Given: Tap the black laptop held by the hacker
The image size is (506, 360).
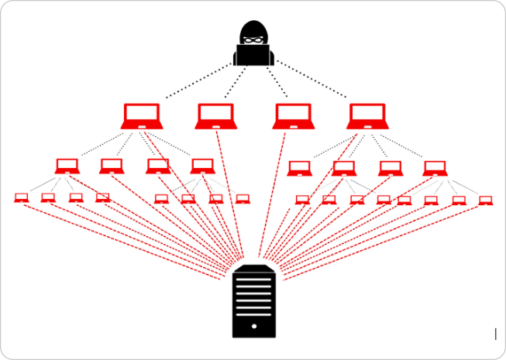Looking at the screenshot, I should tap(253, 55).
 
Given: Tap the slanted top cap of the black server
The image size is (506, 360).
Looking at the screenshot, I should tap(253, 267).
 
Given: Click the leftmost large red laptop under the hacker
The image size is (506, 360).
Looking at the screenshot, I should tap(141, 116).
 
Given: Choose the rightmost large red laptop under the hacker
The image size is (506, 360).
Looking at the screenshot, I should tap(367, 116).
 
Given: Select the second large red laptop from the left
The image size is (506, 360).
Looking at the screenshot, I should tap(216, 116).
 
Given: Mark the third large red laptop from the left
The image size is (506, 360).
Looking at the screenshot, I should tap(292, 116).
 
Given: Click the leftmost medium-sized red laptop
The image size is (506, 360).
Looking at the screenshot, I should tap(67, 166).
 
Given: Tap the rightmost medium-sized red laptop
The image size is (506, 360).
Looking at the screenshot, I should tap(435, 168).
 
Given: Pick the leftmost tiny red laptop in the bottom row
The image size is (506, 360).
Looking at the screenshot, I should tap(21, 197).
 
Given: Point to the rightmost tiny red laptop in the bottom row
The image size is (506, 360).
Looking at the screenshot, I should tap(485, 201).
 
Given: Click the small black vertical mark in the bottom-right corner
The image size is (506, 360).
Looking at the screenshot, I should tap(495, 334).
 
